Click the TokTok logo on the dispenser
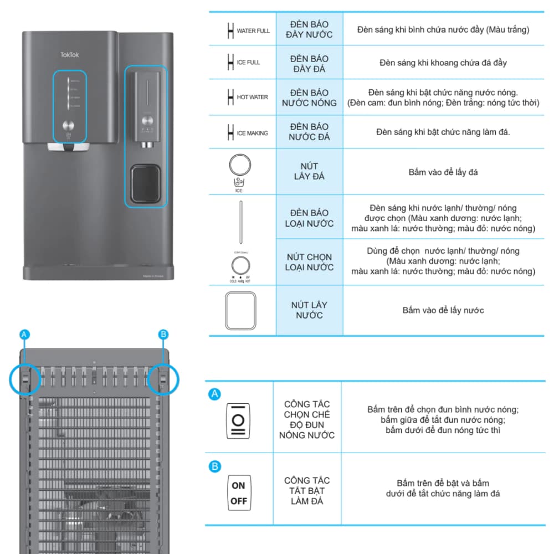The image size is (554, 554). coord(70,54)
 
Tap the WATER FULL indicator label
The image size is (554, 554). coord(253,31)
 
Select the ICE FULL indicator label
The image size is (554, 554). coord(248,63)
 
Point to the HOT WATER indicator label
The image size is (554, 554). coord(252,98)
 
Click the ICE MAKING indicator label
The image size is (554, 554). coord(252,134)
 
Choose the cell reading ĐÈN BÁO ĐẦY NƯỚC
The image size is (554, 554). coord(309,30)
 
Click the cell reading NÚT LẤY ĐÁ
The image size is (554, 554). coord(309,171)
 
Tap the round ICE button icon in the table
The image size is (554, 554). coord(239,166)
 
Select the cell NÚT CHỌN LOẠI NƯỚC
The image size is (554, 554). coord(309,262)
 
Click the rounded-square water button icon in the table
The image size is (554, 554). coord(240,311)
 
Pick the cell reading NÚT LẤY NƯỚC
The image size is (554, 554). coord(309,310)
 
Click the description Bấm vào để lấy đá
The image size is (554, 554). coord(443,172)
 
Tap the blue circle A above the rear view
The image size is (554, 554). coord(24,334)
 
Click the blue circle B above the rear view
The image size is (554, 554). coord(163,334)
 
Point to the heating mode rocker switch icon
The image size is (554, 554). coord(239,420)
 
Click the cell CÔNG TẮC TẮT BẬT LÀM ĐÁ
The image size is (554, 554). coord(307,491)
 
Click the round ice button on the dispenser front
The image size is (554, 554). coord(69,125)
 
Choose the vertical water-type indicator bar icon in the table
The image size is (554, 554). coord(240,222)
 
